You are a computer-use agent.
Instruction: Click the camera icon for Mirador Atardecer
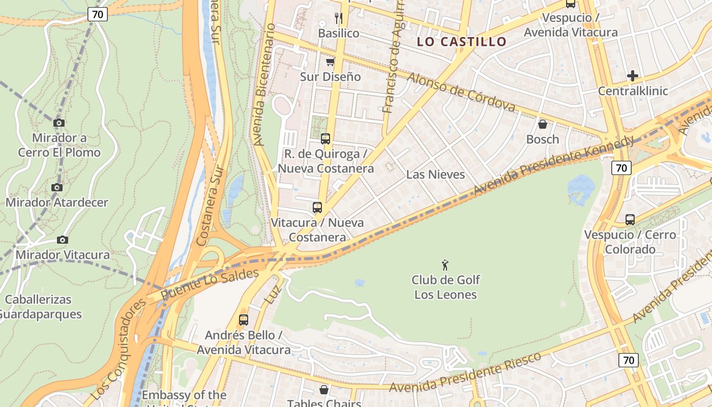(x=57, y=188)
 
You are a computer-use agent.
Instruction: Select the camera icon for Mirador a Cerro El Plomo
(x=59, y=123)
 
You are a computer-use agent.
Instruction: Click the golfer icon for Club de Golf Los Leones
(x=446, y=265)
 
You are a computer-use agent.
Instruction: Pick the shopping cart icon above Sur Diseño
(x=330, y=62)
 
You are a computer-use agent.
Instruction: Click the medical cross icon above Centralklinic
(x=632, y=76)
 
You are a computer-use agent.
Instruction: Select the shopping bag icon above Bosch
(x=543, y=124)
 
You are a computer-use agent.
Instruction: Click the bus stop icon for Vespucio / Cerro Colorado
(x=630, y=220)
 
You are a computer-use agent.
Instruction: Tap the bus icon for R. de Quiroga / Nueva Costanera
(x=325, y=139)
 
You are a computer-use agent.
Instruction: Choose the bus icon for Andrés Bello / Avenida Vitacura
(x=244, y=320)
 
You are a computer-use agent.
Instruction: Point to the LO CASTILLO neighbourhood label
(x=462, y=42)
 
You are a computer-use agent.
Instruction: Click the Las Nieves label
(x=435, y=175)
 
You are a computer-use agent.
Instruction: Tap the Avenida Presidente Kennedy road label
(x=554, y=164)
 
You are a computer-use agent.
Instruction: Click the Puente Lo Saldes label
(x=210, y=284)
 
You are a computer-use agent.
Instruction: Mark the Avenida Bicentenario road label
(x=265, y=84)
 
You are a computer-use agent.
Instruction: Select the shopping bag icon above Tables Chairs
(x=324, y=390)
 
